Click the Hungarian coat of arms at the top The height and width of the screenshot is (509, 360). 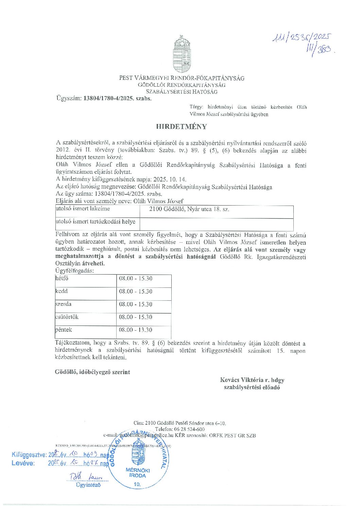(x=182, y=54)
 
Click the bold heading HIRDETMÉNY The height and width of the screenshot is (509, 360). (x=182, y=127)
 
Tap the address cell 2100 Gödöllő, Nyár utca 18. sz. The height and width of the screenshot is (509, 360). (x=189, y=209)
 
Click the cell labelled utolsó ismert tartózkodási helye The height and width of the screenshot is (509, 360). (x=96, y=222)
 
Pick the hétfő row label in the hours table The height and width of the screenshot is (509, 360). (x=62, y=278)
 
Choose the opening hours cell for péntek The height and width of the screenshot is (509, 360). (x=136, y=330)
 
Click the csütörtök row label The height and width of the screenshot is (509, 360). (x=67, y=317)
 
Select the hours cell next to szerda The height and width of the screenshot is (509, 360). (x=136, y=304)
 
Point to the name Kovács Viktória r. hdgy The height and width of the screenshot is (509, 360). (x=252, y=380)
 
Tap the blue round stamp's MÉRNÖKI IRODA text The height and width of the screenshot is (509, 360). (x=138, y=473)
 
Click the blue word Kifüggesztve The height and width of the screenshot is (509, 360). (x=29, y=455)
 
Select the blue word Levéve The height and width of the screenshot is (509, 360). (x=23, y=463)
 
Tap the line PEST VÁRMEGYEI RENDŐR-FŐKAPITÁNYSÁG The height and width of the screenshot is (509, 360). (x=182, y=78)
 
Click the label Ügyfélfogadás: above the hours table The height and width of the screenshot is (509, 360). (x=74, y=270)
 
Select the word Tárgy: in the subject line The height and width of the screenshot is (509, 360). (x=196, y=107)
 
